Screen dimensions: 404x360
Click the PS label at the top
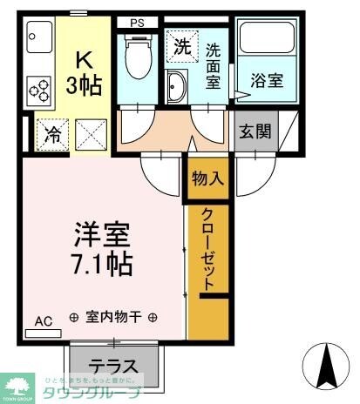138,23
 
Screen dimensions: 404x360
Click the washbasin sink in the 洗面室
175,86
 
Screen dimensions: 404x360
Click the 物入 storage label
207,179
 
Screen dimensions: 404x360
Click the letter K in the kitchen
84,60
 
